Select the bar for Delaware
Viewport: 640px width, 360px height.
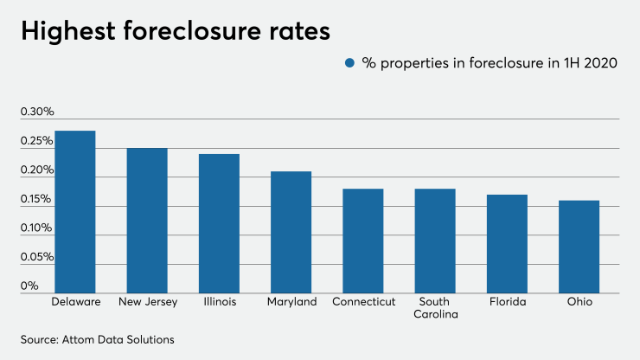(74, 212)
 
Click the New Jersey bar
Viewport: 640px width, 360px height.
(147, 221)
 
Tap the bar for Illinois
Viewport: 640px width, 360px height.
(219, 223)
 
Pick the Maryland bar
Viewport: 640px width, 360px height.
(291, 232)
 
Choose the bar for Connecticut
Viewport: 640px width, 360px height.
(363, 241)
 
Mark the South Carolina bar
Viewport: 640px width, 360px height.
(435, 241)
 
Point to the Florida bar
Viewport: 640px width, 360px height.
(507, 243)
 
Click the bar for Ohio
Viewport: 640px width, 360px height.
(579, 247)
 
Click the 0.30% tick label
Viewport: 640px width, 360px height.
(37, 112)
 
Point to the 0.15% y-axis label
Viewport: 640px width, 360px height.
(37, 199)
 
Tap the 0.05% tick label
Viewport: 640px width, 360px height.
(37, 257)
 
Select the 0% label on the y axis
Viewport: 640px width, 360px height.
(29, 286)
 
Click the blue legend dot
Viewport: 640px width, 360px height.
(350, 63)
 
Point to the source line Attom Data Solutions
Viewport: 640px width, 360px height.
(97, 339)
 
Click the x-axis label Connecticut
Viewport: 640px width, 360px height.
(363, 302)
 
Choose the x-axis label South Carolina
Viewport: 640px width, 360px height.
(435, 308)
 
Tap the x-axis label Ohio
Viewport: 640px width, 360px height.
(579, 302)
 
